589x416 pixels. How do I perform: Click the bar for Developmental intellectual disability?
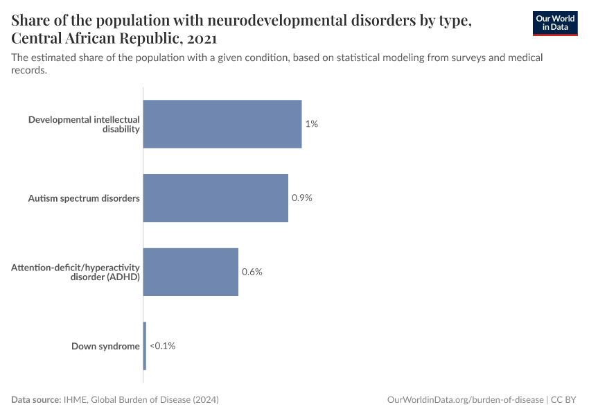222,124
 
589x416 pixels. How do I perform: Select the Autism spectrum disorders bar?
215,198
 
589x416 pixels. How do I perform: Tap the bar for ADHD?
191,272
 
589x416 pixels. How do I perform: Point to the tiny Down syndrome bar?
145,345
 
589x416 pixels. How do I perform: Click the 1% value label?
311,124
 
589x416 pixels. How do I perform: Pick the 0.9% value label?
302,198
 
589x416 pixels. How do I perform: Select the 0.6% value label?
252,272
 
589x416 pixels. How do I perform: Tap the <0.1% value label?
162,345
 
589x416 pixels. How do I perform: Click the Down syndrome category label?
105,346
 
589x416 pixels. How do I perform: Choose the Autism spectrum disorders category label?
84,198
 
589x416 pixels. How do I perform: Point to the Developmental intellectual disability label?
84,124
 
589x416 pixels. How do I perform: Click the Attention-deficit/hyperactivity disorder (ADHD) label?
76,272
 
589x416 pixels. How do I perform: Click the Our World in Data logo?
555,23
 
